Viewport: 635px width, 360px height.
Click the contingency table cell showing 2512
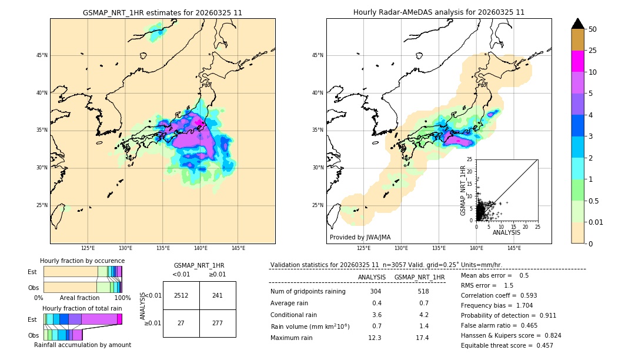[181, 295]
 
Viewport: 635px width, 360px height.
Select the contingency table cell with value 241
[217, 295]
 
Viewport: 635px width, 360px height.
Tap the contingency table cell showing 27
[181, 323]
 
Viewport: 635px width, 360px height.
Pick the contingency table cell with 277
[217, 323]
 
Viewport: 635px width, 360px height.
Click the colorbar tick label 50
[593, 29]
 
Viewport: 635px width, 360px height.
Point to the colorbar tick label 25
[593, 51]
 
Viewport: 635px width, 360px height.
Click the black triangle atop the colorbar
[578, 24]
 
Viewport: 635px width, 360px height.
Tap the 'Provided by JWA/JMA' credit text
[360, 238]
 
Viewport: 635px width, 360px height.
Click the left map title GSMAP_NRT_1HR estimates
[162, 12]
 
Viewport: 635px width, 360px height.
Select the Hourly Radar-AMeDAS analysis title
[439, 12]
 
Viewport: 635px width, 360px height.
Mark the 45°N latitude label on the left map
[42, 55]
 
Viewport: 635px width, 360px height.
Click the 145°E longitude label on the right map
[514, 248]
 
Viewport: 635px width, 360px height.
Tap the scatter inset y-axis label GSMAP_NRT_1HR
[463, 190]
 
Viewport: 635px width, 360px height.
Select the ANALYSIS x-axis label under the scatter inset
[506, 232]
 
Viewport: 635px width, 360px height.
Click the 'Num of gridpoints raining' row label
[308, 291]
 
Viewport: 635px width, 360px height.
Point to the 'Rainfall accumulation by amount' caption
[82, 345]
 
